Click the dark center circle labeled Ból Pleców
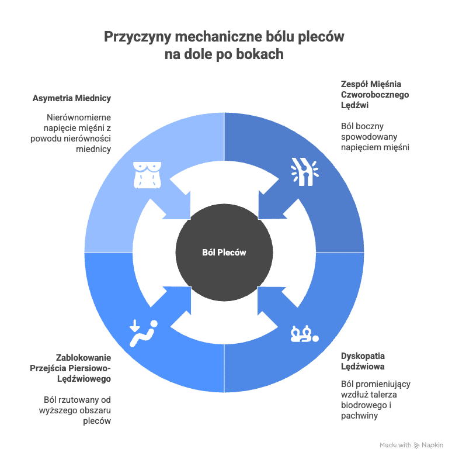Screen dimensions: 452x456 [x=224, y=253]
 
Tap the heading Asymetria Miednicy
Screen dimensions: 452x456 [x=72, y=98]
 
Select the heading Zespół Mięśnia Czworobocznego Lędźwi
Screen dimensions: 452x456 [x=375, y=95]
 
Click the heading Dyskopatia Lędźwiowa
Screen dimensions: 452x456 [x=363, y=361]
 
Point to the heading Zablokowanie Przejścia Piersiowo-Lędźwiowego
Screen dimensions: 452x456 [x=70, y=368]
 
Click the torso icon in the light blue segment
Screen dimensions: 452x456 [x=147, y=175]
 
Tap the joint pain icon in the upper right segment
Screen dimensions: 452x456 [x=305, y=171]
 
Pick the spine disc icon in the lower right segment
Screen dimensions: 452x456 [x=305, y=334]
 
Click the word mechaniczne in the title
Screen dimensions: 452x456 [x=218, y=37]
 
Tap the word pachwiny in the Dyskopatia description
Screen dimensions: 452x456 [x=359, y=416]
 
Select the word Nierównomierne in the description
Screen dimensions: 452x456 [x=79, y=118]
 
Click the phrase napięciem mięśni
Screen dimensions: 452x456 [x=375, y=147]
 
